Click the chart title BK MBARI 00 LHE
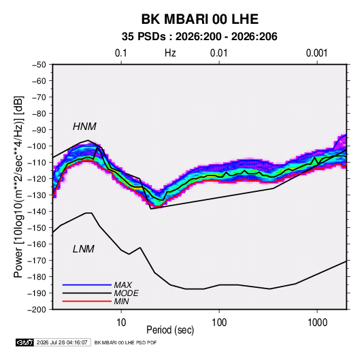click(x=199, y=19)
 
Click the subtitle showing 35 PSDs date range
click(x=199, y=37)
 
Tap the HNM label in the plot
click(x=84, y=127)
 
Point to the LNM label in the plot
click(x=84, y=249)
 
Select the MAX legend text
click(x=123, y=284)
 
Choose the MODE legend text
click(x=127, y=293)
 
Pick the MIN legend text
click(x=121, y=301)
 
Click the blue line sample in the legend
click(x=87, y=284)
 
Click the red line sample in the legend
click(x=87, y=301)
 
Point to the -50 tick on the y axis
click(x=39, y=65)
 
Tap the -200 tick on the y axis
click(x=37, y=310)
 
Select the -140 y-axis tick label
click(x=37, y=212)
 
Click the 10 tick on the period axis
click(x=121, y=323)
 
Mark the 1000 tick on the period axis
click(x=317, y=323)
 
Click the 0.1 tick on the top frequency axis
click(x=121, y=53)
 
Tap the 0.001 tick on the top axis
click(x=317, y=53)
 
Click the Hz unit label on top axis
click(x=170, y=53)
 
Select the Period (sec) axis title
click(x=170, y=330)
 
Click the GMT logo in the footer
click(x=25, y=342)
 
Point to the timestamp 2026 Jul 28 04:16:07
click(x=62, y=342)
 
